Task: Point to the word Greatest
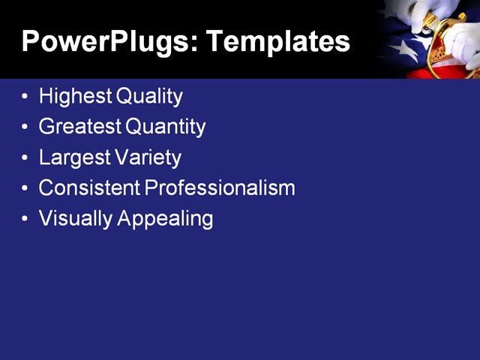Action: [x=80, y=127]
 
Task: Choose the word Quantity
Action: [x=165, y=127]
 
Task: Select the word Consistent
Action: [x=89, y=188]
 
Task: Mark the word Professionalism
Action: [x=220, y=188]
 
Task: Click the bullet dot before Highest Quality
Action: [x=26, y=97]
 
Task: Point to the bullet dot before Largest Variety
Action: [x=26, y=158]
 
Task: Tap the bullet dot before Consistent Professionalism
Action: [x=26, y=189]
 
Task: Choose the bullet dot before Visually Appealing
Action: [x=26, y=219]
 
